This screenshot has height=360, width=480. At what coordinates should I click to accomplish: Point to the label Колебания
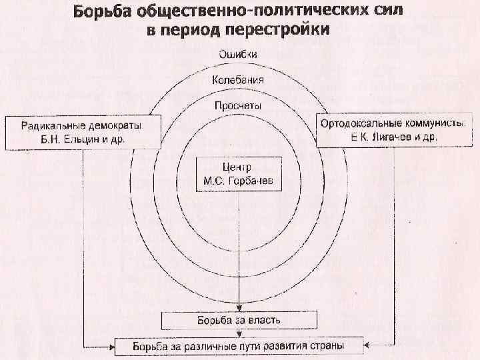(238, 80)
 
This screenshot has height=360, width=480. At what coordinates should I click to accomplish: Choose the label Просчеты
(238, 105)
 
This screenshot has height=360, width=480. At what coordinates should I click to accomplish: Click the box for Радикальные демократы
(82, 133)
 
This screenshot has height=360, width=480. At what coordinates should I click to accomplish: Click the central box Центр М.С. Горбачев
(238, 174)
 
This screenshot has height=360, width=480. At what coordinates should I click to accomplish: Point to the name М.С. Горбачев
(238, 181)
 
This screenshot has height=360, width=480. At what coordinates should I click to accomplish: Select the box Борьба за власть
(238, 321)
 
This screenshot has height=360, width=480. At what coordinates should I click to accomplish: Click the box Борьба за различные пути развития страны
(238, 347)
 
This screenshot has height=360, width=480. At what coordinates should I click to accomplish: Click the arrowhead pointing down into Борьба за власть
(238, 309)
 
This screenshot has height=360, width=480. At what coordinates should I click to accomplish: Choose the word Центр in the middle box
(238, 167)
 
